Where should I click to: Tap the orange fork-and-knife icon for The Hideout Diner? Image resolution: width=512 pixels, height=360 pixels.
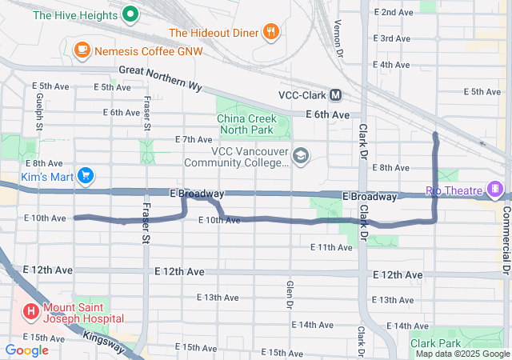click(x=272, y=32)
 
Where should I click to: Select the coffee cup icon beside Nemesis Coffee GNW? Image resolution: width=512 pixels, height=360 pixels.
click(x=82, y=50)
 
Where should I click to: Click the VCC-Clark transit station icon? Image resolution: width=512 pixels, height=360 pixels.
click(x=336, y=94)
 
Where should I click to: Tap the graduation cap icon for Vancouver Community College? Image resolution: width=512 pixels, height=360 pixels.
click(x=301, y=154)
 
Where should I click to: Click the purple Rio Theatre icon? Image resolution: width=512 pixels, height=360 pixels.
click(x=496, y=190)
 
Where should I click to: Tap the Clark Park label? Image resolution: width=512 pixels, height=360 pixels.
click(x=436, y=342)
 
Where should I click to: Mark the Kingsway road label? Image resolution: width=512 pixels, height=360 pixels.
click(x=105, y=339)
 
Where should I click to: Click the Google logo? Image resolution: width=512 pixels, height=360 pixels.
click(x=26, y=350)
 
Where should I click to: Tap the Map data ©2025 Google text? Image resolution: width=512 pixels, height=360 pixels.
click(x=461, y=354)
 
